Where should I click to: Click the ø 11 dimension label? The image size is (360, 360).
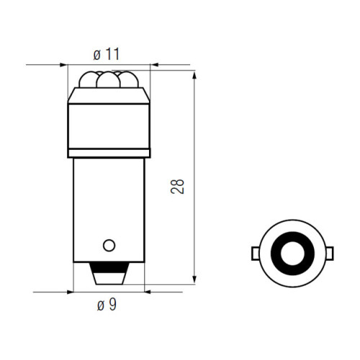[x=107, y=54]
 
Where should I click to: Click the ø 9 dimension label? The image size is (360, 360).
[x=107, y=305]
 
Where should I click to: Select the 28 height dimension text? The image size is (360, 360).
[x=177, y=186]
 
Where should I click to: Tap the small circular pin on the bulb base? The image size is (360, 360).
[x=109, y=245]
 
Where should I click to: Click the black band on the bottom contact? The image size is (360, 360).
[x=109, y=268]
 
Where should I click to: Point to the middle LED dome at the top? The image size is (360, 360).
[x=108, y=80]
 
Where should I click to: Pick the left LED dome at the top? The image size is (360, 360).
[x=88, y=80]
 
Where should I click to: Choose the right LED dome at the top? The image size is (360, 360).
[x=129, y=80]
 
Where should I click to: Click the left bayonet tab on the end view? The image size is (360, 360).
[x=256, y=253]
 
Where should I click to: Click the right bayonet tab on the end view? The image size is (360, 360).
[x=330, y=253]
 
